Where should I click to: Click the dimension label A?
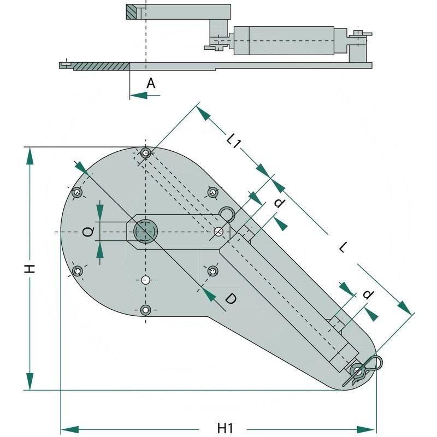pos(151,83)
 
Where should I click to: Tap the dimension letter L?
pos(342,248)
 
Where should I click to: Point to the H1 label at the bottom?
pos(226,428)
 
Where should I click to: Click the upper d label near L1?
pos(279,204)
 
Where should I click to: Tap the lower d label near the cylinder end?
pos(369,295)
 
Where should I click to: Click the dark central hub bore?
pos(145,231)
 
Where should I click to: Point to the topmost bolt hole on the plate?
pos(145,153)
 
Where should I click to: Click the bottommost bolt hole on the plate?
pos(145,310)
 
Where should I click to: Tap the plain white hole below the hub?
pos(145,280)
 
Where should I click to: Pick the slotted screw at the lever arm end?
pos(218,232)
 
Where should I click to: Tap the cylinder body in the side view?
pos(284,40)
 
